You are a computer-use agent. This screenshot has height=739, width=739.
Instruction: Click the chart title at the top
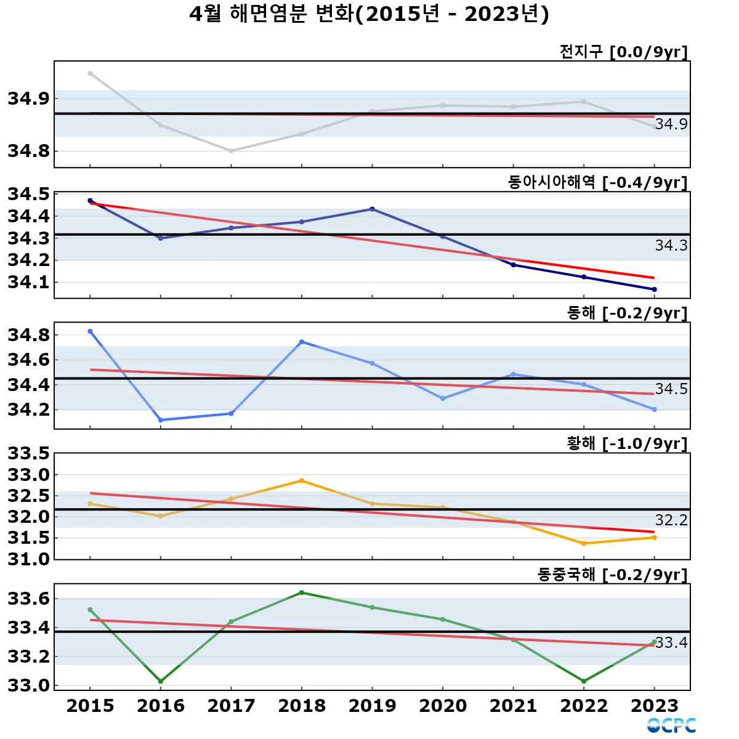click(x=369, y=14)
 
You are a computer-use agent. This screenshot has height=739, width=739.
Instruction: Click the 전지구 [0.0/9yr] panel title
click(x=623, y=52)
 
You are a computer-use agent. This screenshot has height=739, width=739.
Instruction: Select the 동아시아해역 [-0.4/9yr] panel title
click(x=597, y=182)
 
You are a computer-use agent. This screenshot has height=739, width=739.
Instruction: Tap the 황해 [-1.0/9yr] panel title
click(x=627, y=443)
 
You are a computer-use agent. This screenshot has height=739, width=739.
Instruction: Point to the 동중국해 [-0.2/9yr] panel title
click(x=612, y=575)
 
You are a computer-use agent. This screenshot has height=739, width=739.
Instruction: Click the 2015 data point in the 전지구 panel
click(x=90, y=73)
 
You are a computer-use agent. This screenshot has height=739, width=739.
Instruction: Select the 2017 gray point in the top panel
click(x=231, y=151)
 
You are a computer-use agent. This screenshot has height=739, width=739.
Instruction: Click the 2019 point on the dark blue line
click(x=372, y=209)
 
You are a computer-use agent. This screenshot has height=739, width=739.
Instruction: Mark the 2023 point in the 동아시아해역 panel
click(x=654, y=289)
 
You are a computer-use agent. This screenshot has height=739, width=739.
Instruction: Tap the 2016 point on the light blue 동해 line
click(x=161, y=420)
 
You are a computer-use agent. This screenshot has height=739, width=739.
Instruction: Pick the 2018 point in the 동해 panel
click(x=302, y=342)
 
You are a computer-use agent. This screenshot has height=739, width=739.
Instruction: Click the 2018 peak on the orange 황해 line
click(x=302, y=480)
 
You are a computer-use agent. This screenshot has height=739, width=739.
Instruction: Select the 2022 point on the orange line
click(x=584, y=543)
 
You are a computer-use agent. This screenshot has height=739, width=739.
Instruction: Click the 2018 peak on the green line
click(x=302, y=592)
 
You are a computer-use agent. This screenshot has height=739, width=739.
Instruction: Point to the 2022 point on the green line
click(x=584, y=681)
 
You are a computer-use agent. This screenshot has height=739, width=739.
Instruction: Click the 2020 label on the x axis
click(x=443, y=706)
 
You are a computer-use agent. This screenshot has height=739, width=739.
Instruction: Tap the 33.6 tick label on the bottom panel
click(x=28, y=599)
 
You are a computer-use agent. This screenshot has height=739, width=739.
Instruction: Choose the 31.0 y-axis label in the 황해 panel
click(x=28, y=559)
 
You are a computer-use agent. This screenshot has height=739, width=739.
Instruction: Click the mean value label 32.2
click(x=671, y=520)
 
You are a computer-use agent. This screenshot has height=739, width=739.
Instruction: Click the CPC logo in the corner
click(x=671, y=725)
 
